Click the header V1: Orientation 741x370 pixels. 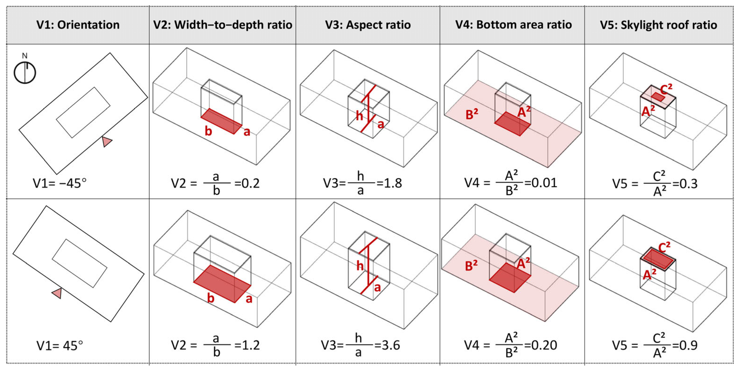click(78, 25)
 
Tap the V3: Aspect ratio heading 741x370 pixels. click(368, 25)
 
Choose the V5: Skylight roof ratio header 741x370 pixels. click(658, 25)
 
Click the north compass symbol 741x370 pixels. click(25, 72)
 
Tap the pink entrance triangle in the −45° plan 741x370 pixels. click(107, 141)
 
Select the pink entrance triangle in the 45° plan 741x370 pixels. click(57, 293)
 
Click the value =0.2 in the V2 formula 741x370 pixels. click(247, 183)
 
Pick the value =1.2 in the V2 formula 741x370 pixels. click(247, 345)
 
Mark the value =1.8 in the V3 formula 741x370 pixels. click(389, 183)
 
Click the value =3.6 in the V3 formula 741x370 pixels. click(387, 345)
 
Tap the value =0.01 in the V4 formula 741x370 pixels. click(541, 183)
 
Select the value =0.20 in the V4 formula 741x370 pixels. click(541, 345)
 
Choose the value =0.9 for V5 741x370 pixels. click(685, 345)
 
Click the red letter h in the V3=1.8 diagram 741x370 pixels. click(359, 116)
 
